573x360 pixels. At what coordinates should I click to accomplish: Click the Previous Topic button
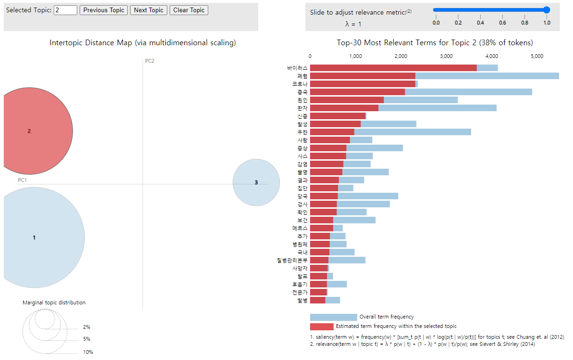pos(104,10)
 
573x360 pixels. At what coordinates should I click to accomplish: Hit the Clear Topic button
pos(188,10)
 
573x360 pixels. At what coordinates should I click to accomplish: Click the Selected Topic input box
pos(65,10)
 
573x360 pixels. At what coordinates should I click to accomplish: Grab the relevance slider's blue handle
pos(547,10)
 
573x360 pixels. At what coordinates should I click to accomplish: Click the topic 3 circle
pos(256,182)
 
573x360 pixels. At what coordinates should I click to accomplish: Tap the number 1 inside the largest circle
pos(34,237)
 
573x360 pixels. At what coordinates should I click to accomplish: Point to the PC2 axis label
pos(149,61)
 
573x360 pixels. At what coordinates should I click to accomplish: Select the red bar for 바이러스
pos(393,68)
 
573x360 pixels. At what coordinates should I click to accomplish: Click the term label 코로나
pos(300,84)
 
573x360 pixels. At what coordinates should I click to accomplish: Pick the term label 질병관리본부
pos(292,260)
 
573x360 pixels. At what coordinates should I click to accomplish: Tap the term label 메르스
pos(300,228)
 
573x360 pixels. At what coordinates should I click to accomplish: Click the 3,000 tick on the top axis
pos(446,56)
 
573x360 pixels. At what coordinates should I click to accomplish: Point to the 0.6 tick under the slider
pos(502,22)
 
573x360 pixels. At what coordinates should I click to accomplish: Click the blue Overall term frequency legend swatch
pos(333,317)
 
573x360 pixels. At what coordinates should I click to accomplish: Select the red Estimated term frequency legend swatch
pos(321,327)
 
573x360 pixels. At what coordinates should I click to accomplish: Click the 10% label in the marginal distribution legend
pos(88,352)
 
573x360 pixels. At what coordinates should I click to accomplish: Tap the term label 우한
pos(303,132)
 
